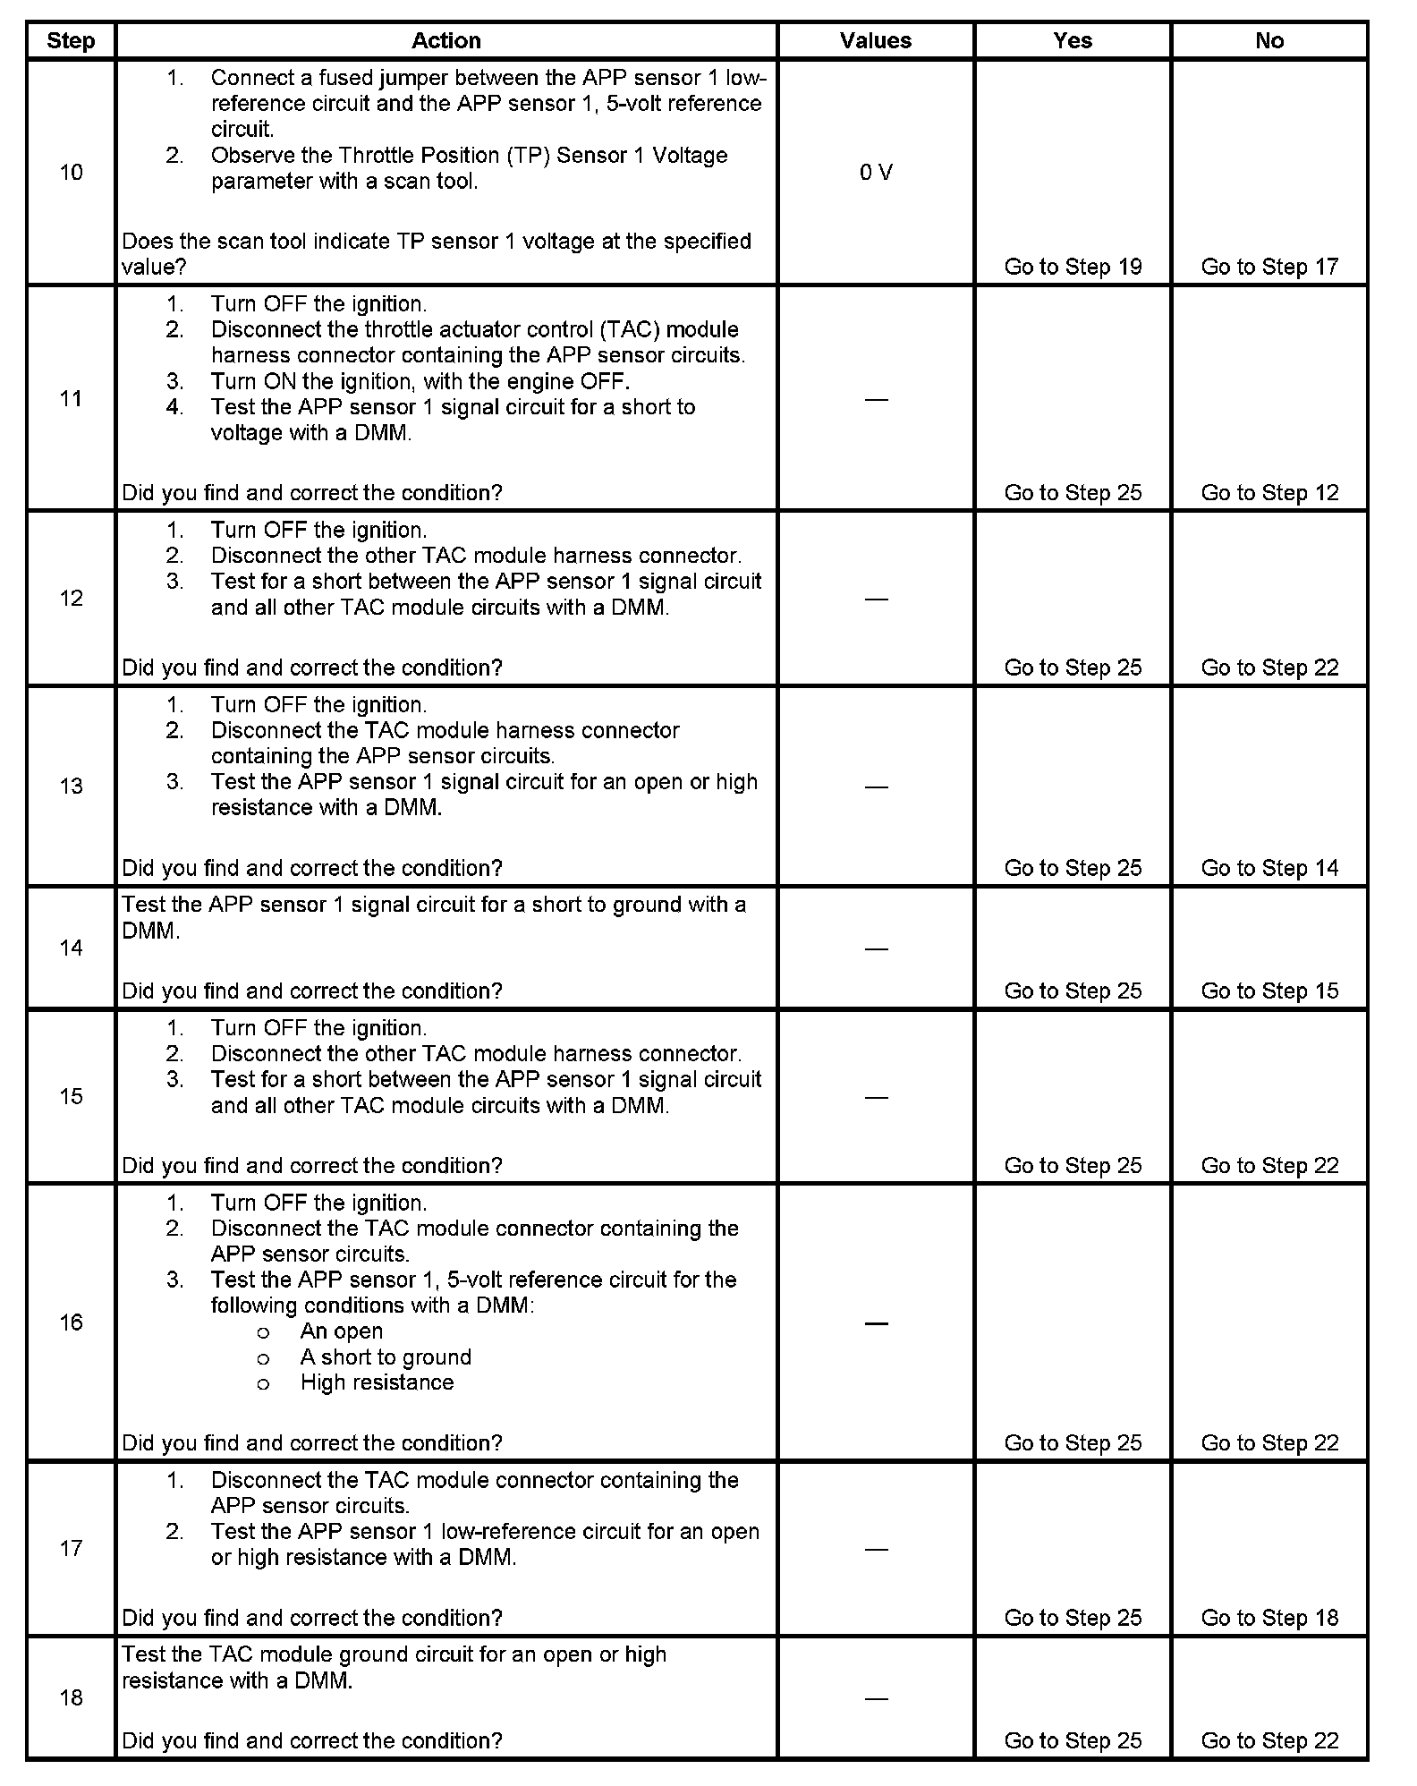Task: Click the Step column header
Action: [71, 41]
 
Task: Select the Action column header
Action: [445, 41]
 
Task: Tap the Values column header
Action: [876, 41]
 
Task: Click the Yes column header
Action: [1073, 41]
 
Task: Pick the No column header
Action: [1269, 41]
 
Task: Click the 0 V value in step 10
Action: [876, 173]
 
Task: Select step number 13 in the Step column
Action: [71, 786]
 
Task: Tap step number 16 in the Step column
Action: [71, 1322]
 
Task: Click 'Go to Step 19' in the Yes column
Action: [1073, 267]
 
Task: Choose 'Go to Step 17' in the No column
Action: [1269, 267]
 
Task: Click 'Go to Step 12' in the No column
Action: [1269, 493]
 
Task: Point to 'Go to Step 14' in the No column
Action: [1269, 868]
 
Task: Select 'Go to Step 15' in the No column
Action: [1269, 991]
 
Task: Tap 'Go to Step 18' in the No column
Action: [1269, 1618]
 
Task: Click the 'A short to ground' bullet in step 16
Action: [386, 1357]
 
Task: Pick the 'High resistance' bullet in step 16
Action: [377, 1382]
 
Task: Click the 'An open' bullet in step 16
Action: [341, 1331]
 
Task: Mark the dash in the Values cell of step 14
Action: [877, 948]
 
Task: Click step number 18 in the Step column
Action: [71, 1697]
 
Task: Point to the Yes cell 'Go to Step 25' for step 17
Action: [1073, 1618]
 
